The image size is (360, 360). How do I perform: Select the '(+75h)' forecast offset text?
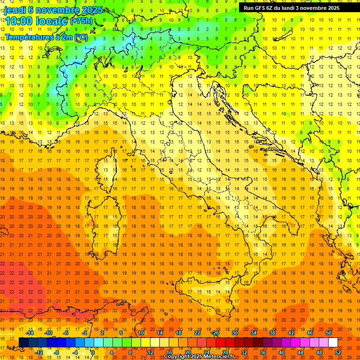pyautogui.click(x=81, y=21)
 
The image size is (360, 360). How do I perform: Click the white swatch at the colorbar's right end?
pyautogui.click(x=333, y=342)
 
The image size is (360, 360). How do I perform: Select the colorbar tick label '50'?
pyautogui.click(x=329, y=333)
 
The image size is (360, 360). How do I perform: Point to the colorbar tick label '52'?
pyautogui.click(x=338, y=352)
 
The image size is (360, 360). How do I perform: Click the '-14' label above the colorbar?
pyautogui.click(x=30, y=333)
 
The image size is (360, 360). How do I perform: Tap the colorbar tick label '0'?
pyautogui.click(x=92, y=352)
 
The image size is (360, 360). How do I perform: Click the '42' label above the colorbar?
pyautogui.click(x=291, y=333)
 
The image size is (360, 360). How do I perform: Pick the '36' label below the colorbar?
pyautogui.click(x=263, y=352)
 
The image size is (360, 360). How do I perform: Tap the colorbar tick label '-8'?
pyautogui.click(x=56, y=352)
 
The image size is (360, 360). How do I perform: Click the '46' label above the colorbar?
pyautogui.click(x=310, y=333)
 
